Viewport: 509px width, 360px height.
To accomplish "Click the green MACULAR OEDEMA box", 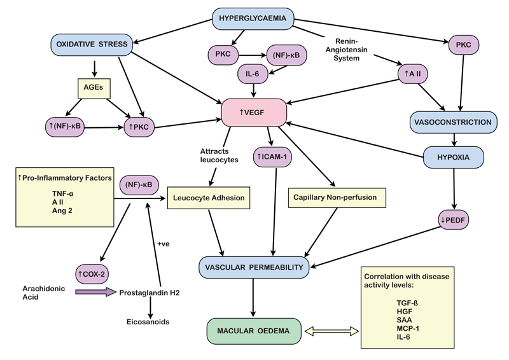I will [253, 331].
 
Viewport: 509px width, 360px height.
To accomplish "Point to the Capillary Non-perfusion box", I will [335, 198].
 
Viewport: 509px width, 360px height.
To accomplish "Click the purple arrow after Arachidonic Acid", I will [95, 293].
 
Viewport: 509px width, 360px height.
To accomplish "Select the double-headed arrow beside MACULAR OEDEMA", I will [333, 331].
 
